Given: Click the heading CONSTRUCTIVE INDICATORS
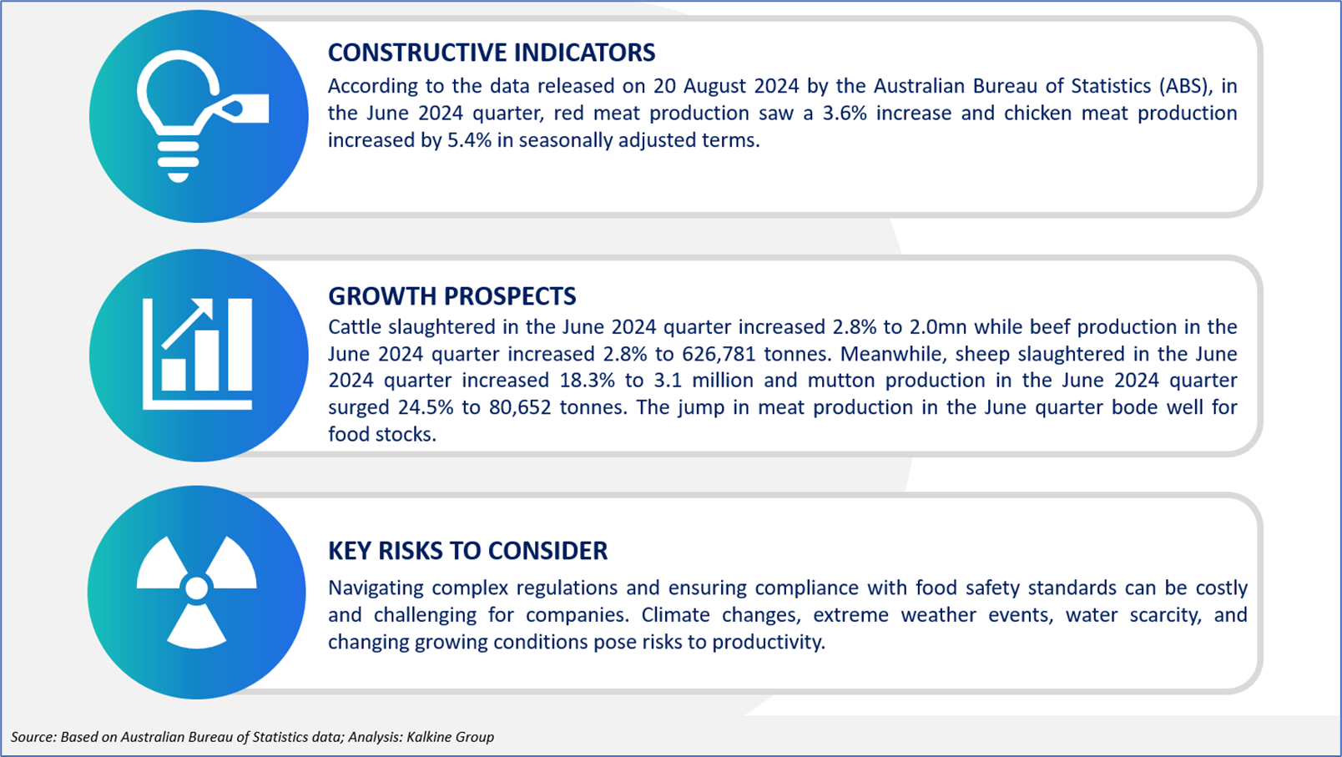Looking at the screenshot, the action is (492, 53).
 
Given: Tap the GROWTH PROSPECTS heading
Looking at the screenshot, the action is (452, 296).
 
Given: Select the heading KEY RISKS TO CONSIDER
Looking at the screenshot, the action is (468, 551).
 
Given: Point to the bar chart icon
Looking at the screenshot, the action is (198, 354).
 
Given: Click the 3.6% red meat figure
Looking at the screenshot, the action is (845, 114).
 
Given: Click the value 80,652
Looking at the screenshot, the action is (520, 407).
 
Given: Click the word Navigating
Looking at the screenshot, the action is (376, 588).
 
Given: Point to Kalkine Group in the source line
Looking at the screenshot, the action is (451, 737).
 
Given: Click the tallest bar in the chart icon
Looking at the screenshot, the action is (240, 345).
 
